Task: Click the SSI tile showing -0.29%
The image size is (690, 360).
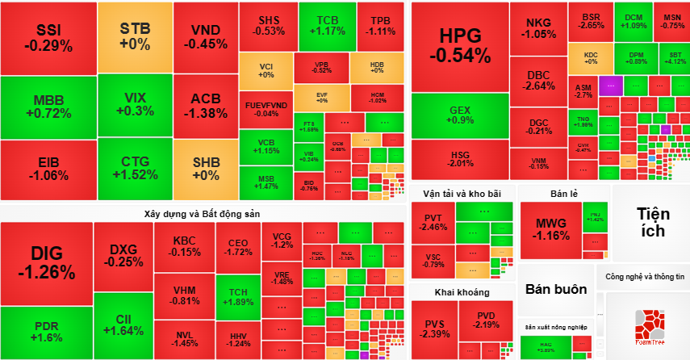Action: (x=48, y=38)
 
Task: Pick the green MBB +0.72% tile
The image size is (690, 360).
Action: (x=48, y=107)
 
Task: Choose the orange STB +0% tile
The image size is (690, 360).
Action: (x=134, y=36)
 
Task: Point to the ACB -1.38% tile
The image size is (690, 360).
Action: (x=205, y=106)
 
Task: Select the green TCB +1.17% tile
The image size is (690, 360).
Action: (x=327, y=25)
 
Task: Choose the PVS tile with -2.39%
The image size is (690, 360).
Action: (x=434, y=329)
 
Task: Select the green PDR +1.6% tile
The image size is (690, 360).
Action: (x=46, y=332)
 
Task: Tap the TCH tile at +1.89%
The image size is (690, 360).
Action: (x=238, y=297)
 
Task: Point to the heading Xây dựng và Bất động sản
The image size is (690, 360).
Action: (x=202, y=213)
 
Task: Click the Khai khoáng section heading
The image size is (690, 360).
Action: (x=462, y=291)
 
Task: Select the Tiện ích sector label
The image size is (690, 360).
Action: (x=650, y=221)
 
